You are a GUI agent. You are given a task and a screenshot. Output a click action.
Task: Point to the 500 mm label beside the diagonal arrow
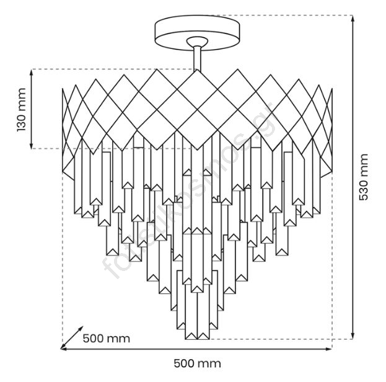tap(107, 339)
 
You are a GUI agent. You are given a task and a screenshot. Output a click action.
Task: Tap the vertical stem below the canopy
tap(197, 62)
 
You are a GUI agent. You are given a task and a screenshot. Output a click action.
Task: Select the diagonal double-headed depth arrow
tap(72, 337)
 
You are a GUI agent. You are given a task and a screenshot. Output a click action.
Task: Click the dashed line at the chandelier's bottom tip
tap(279, 339)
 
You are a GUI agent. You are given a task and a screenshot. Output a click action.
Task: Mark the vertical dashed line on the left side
tap(63, 260)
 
